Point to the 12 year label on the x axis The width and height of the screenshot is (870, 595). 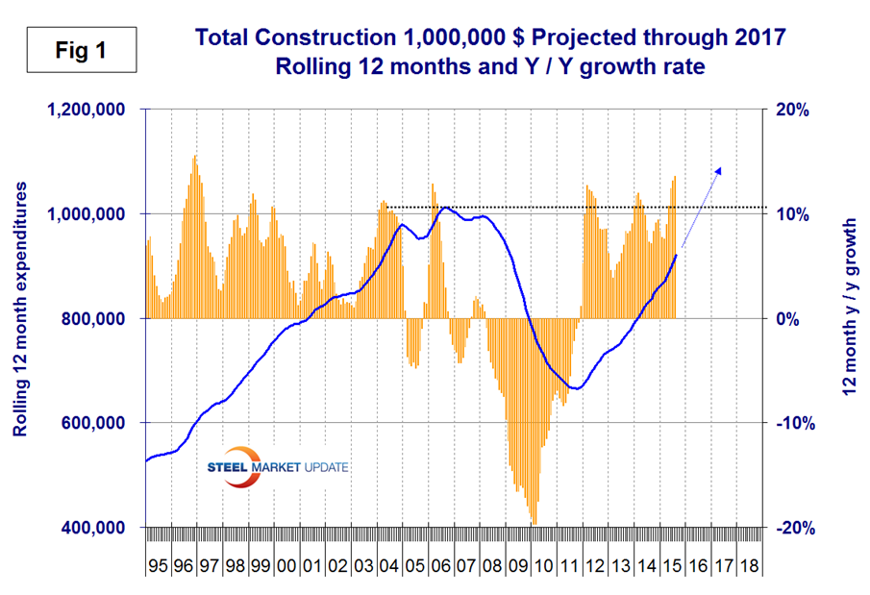coord(592,558)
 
